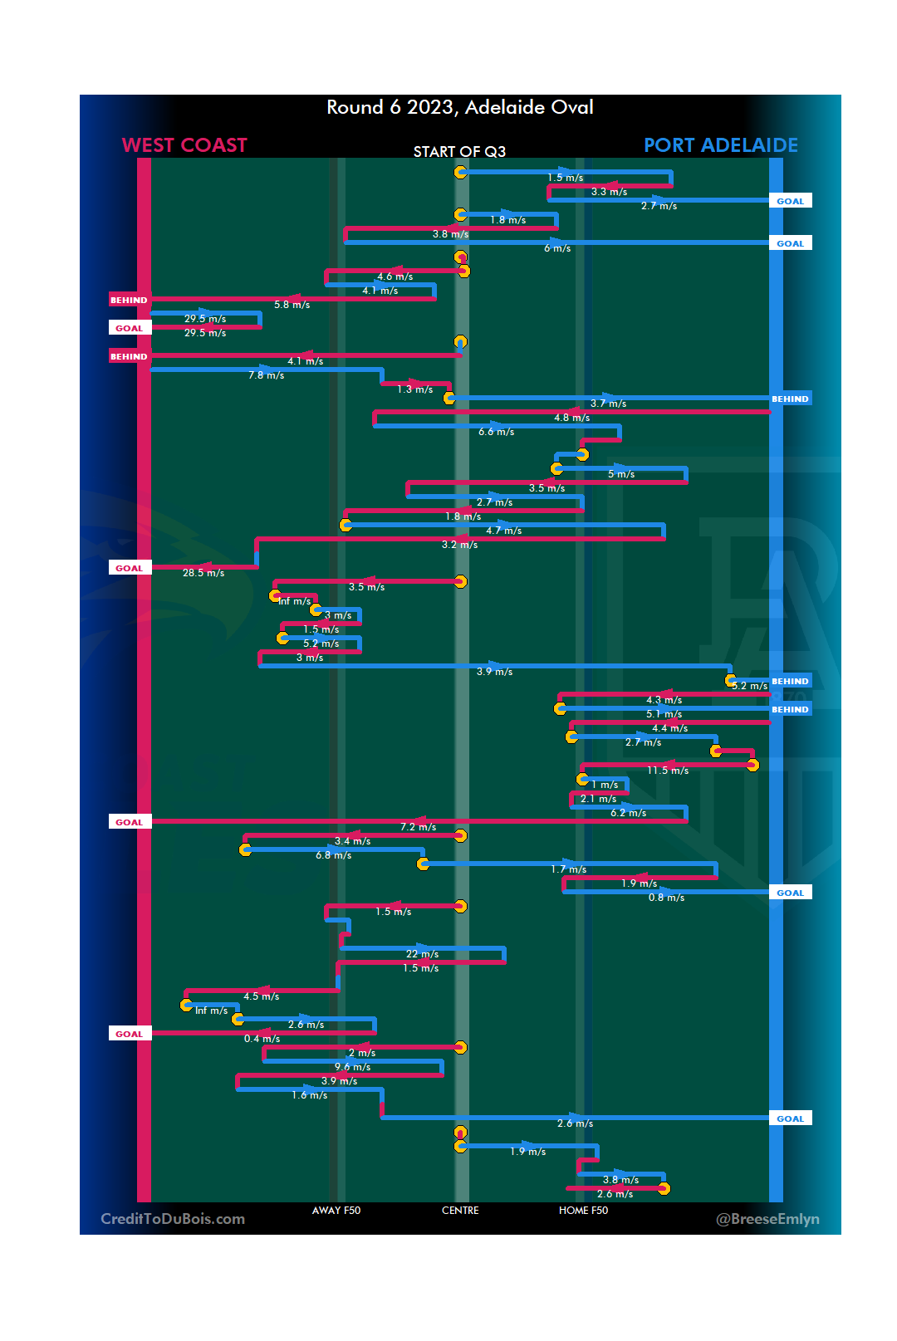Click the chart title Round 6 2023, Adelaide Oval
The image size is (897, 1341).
[459, 107]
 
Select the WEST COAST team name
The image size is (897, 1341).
[184, 145]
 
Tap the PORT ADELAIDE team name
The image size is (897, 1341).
[720, 145]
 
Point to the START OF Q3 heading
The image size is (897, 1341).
[459, 151]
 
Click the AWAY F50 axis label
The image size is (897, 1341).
[336, 1210]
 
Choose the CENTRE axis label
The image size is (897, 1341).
[460, 1210]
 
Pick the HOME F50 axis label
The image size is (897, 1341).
[583, 1210]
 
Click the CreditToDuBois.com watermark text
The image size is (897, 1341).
[173, 1218]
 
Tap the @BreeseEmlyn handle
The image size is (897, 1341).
[767, 1218]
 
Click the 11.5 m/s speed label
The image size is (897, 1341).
[668, 771]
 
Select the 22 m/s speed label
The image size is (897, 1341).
[422, 954]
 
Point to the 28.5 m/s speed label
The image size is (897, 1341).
[203, 573]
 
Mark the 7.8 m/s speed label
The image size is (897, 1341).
[266, 375]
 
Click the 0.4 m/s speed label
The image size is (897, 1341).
[262, 1039]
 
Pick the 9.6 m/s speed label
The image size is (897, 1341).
[352, 1067]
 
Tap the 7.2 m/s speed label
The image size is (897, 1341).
[418, 827]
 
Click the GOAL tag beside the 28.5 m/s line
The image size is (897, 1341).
[130, 568]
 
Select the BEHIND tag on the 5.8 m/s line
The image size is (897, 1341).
[129, 300]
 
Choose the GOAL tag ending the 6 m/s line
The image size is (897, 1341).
[790, 243]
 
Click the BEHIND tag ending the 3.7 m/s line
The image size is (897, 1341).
[789, 399]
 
